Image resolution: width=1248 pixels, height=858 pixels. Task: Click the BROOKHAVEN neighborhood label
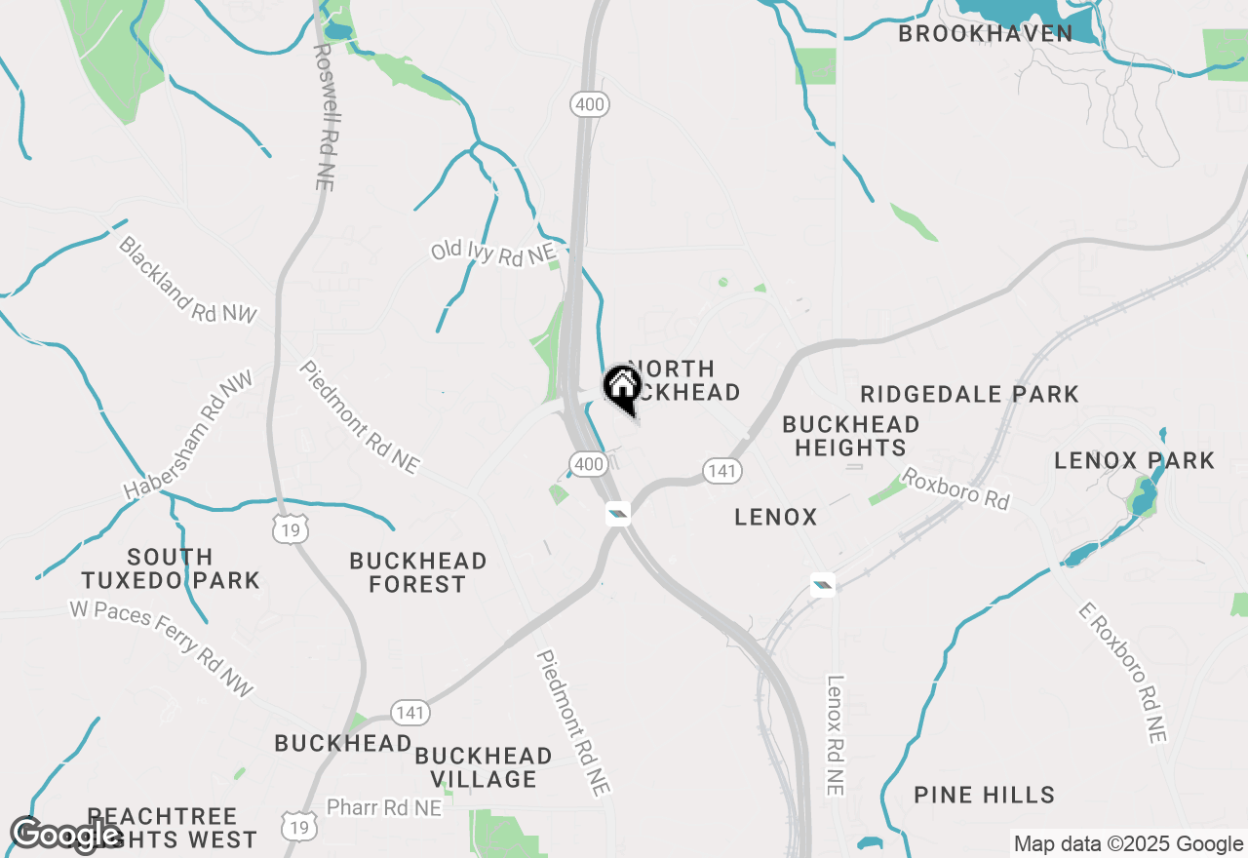[x=985, y=34]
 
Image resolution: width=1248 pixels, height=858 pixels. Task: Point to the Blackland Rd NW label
[x=187, y=279]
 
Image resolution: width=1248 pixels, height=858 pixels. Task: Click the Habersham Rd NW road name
[x=188, y=435]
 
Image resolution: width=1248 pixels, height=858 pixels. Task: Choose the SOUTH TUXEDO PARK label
[x=171, y=569]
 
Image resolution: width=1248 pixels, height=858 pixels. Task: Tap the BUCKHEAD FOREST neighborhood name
[x=418, y=572]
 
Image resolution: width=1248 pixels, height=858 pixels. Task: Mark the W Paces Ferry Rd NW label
[x=161, y=648]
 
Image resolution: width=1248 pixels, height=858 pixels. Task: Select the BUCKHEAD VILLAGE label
[x=484, y=767]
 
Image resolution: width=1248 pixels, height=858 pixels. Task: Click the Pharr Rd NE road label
[x=384, y=808]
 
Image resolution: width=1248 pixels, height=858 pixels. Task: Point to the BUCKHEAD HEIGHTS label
[x=851, y=436]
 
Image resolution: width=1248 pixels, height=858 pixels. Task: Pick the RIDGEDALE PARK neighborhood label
[x=970, y=394]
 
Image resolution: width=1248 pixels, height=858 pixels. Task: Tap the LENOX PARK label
[x=1135, y=460]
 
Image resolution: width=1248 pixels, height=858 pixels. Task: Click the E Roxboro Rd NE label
[x=1122, y=673]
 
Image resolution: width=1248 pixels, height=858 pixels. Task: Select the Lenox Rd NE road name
[x=835, y=735]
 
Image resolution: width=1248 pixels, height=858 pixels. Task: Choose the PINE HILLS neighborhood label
[x=985, y=796]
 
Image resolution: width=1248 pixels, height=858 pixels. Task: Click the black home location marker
[x=622, y=388]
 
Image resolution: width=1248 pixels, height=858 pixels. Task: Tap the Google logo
[x=66, y=835]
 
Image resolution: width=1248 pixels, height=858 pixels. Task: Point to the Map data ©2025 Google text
[x=1128, y=844]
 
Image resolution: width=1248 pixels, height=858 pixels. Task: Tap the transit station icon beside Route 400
[x=617, y=513]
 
